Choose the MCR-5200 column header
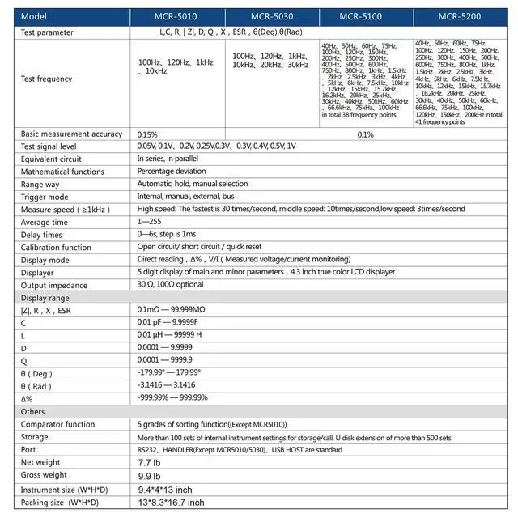460,15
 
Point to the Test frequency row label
46,79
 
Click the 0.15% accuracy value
147,134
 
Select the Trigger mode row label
45,197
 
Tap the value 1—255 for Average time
149,222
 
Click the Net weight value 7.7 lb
151,463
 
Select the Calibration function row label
56,247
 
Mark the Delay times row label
41,235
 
